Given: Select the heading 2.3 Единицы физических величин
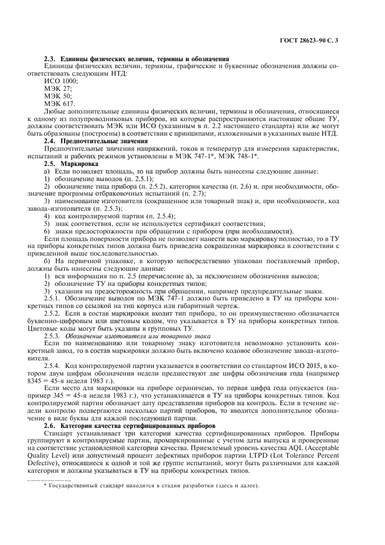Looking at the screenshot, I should [136, 59].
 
